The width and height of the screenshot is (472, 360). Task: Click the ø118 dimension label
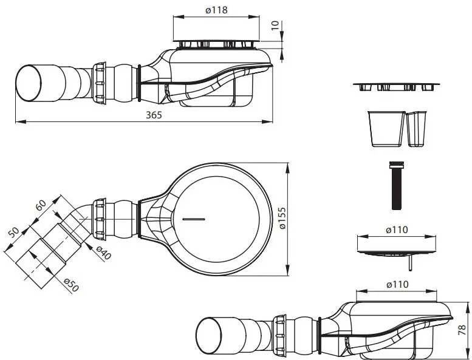pyautogui.click(x=216, y=10)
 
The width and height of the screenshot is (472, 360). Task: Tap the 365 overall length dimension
pyautogui.click(x=154, y=115)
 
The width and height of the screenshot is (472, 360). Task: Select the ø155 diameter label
pyautogui.click(x=282, y=219)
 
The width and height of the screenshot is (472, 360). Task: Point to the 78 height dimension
pyautogui.click(x=462, y=330)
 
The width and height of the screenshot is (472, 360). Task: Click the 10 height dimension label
pyautogui.click(x=275, y=25)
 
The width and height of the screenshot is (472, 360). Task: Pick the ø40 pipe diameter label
pyautogui.click(x=104, y=253)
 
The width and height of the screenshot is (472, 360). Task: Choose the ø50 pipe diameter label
pyautogui.click(x=71, y=285)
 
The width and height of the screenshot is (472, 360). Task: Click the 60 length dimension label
pyautogui.click(x=41, y=205)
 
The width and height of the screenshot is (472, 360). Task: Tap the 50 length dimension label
pyautogui.click(x=13, y=233)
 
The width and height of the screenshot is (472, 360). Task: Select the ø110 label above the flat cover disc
pyautogui.click(x=397, y=230)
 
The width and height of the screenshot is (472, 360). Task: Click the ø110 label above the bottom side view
pyautogui.click(x=397, y=284)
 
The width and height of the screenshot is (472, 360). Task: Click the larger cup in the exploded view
pyautogui.click(x=386, y=129)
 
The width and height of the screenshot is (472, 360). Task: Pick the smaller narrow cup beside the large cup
pyautogui.click(x=417, y=129)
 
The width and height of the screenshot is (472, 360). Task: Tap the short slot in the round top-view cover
pyautogui.click(x=194, y=219)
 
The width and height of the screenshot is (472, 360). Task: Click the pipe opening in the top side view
pyautogui.click(x=29, y=83)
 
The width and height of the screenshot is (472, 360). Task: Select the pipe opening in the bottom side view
pyautogui.click(x=208, y=334)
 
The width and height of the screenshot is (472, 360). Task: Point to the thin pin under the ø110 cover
pyautogui.click(x=410, y=263)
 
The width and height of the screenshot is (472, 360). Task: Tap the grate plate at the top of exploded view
pyautogui.click(x=397, y=87)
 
